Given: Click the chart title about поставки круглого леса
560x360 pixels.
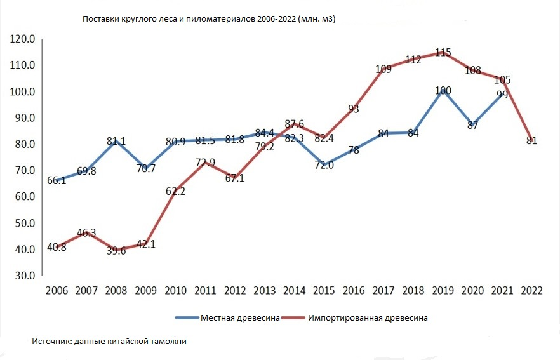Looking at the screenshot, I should tap(209, 20).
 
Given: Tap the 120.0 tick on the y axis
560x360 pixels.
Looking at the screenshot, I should tap(23, 39).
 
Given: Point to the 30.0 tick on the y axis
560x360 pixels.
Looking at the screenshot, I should tap(23, 276).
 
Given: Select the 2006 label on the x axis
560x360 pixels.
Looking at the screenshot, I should tap(57, 291).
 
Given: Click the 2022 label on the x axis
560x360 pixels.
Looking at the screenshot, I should tap(531, 291).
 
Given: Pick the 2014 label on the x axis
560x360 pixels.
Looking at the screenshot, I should tap(294, 291).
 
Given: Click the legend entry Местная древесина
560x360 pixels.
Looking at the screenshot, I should tap(241, 317).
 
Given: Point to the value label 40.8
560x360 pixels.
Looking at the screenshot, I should tap(57, 248).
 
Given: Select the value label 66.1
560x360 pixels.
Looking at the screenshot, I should tap(57, 181).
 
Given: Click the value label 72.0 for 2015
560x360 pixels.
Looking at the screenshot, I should tap(324, 165).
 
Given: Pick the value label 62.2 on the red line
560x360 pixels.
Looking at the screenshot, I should tap(176, 190).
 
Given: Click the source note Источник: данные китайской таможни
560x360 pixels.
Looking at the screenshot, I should tap(109, 342).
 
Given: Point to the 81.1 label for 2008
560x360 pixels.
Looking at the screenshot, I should tap(117, 141).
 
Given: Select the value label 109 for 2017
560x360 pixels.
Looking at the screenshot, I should tap(383, 69).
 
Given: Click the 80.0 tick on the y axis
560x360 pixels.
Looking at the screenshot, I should tap(23, 144).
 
